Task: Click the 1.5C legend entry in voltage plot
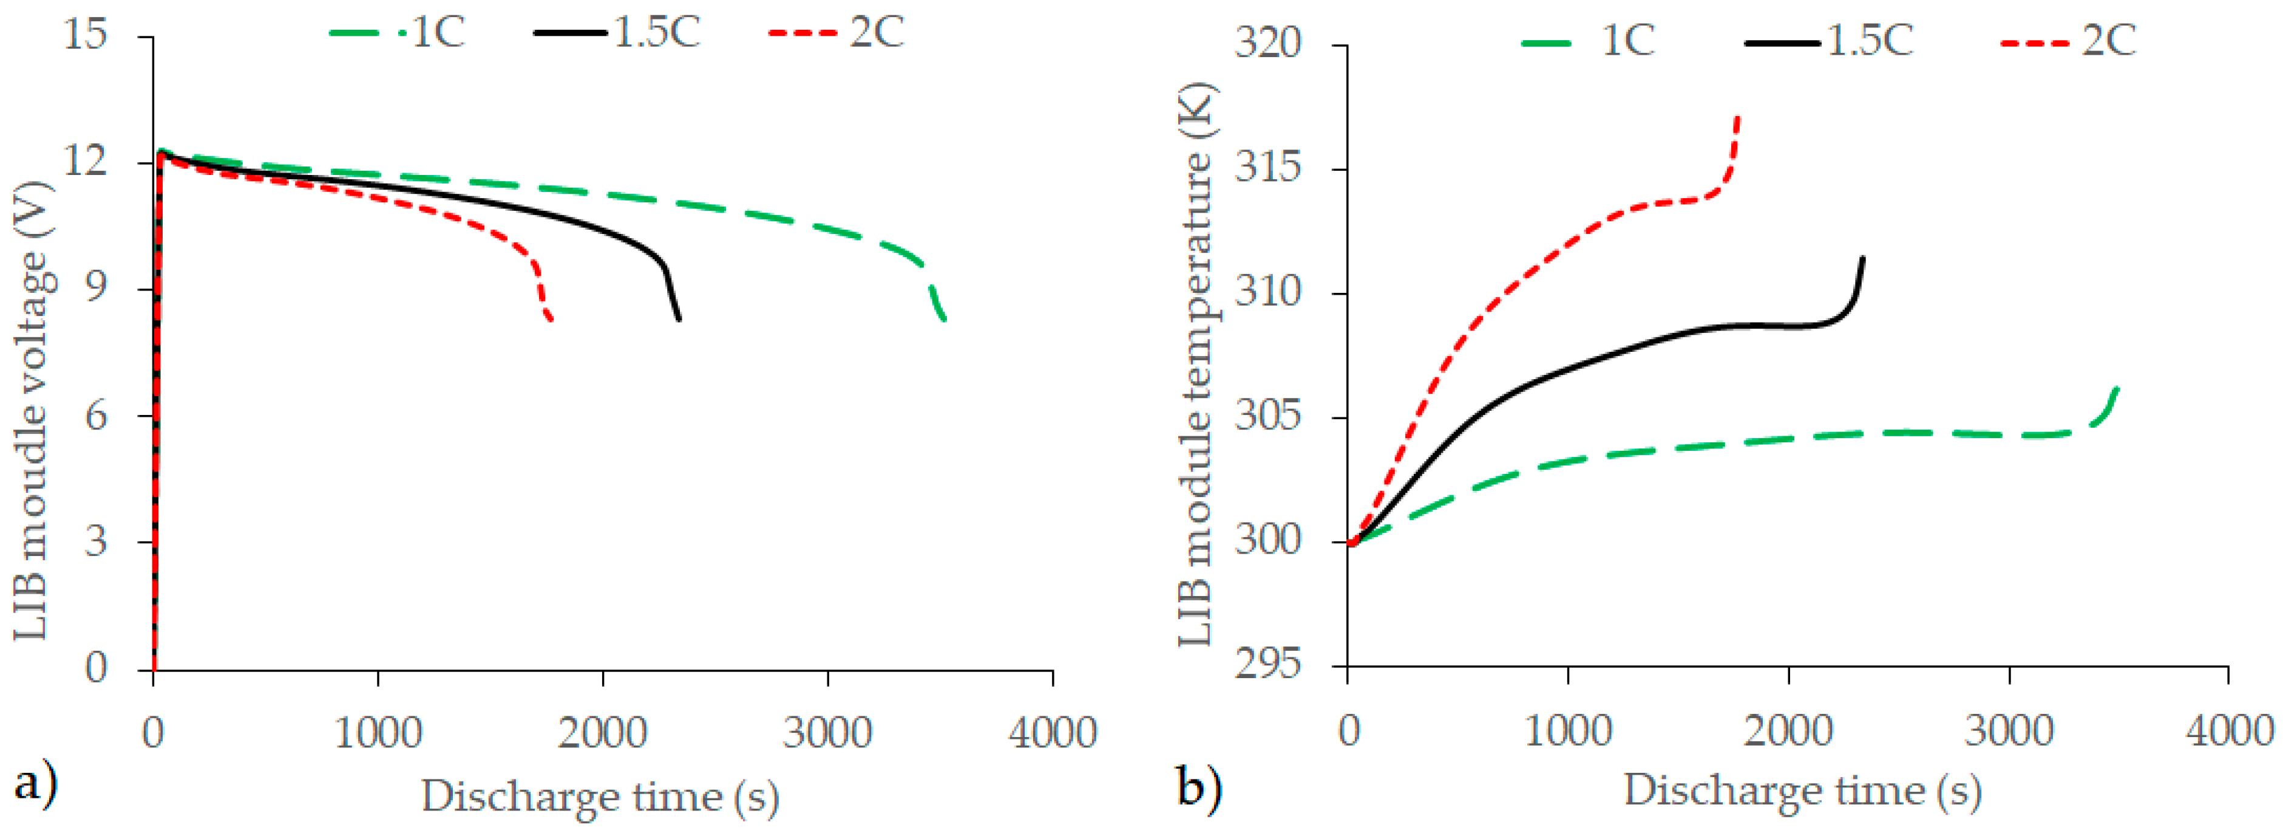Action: click(619, 33)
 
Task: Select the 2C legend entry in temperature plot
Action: click(2069, 41)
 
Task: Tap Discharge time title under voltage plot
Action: click(599, 795)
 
